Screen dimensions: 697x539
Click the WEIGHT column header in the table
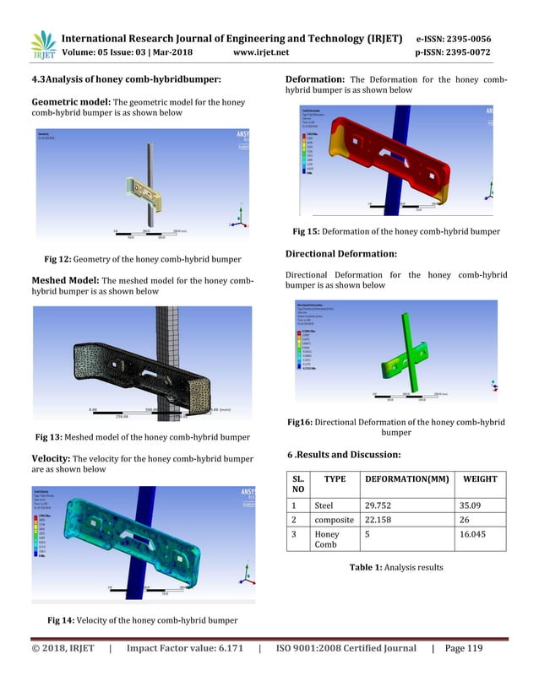479,479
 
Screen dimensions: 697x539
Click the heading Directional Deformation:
340,253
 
